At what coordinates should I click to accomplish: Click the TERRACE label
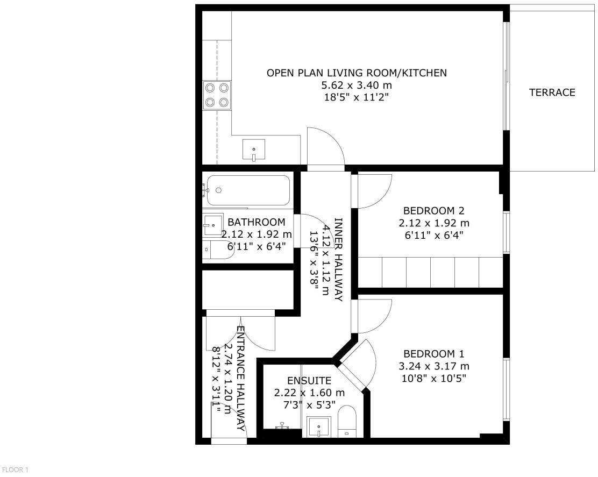click(x=552, y=92)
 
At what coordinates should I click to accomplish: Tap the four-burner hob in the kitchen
click(x=217, y=95)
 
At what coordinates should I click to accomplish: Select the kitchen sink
click(x=254, y=149)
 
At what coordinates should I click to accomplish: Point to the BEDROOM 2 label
click(x=433, y=211)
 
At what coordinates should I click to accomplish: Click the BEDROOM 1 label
click(x=433, y=354)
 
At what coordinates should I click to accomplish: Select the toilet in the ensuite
click(x=347, y=422)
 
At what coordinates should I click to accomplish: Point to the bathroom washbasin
click(x=213, y=224)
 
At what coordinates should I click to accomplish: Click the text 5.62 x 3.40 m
click(x=357, y=85)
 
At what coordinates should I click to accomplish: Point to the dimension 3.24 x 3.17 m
click(x=433, y=366)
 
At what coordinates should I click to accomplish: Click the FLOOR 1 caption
click(x=15, y=469)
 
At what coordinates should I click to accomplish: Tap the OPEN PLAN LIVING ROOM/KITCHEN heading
click(x=357, y=73)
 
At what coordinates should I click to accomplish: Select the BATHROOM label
click(x=257, y=222)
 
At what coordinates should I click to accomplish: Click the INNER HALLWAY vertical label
click(x=339, y=260)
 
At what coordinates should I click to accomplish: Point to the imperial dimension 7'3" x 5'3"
click(x=309, y=404)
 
